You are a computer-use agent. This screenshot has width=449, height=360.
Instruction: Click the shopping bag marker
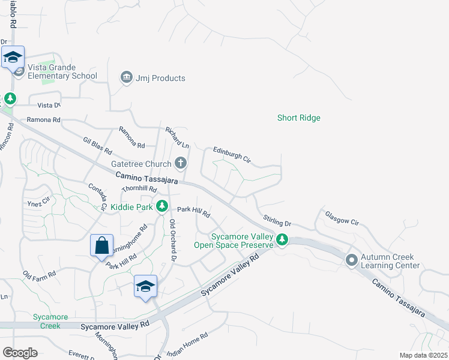[101, 245]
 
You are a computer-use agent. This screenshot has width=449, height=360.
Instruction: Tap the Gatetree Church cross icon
[180, 163]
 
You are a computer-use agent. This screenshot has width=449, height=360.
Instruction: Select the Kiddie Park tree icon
[161, 206]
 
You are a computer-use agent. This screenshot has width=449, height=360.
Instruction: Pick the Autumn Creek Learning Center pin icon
[351, 260]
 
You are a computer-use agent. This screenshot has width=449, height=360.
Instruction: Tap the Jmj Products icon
[126, 77]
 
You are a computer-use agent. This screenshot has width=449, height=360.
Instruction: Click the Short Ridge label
[298, 118]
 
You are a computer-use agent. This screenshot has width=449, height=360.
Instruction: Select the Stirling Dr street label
[276, 220]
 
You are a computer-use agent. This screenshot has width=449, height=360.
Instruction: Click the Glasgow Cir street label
[342, 218]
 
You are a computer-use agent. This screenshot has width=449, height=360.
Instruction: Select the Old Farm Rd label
[40, 274]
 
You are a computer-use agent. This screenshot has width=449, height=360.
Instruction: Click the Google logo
[20, 353]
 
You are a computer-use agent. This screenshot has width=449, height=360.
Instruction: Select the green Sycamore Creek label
[50, 321]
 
